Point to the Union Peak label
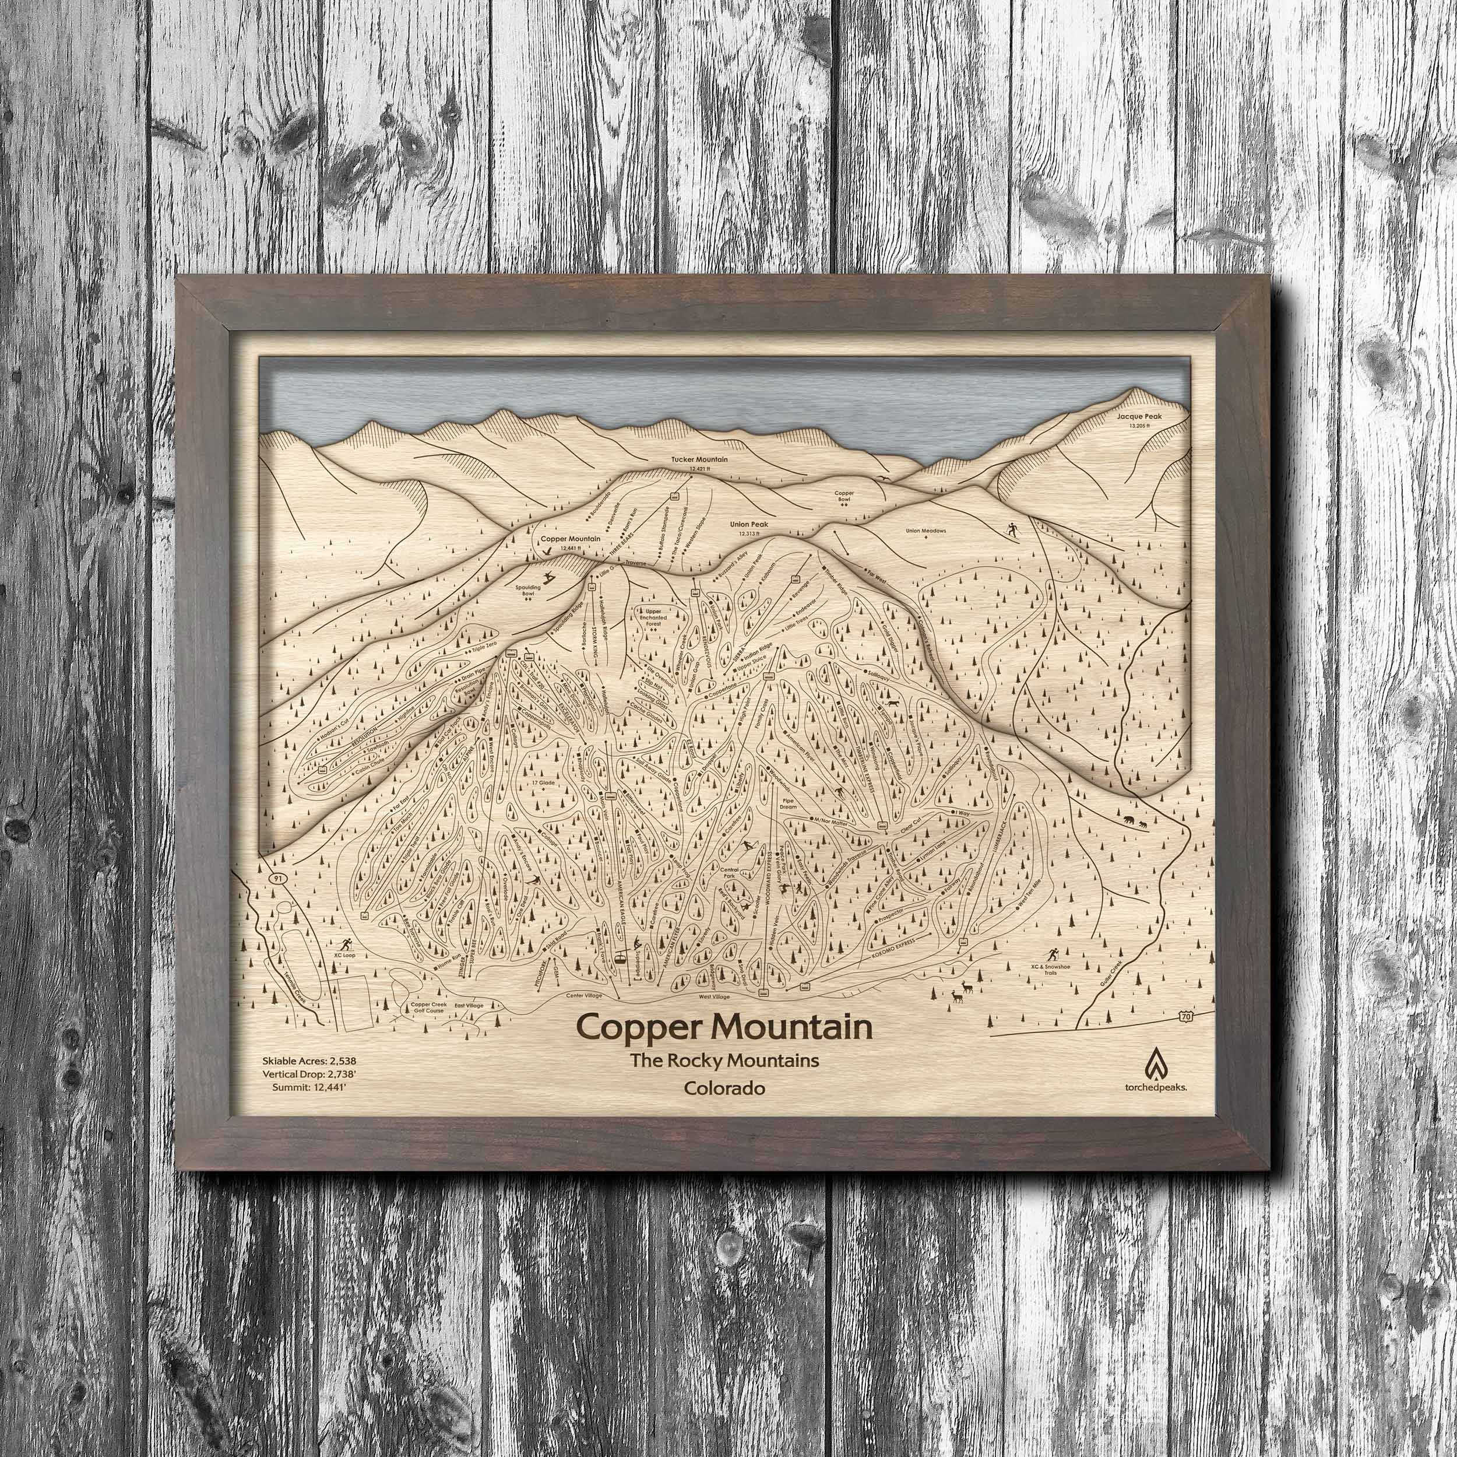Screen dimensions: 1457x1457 click(747, 524)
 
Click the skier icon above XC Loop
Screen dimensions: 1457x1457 click(347, 942)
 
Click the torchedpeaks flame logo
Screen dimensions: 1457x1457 click(1154, 1063)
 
